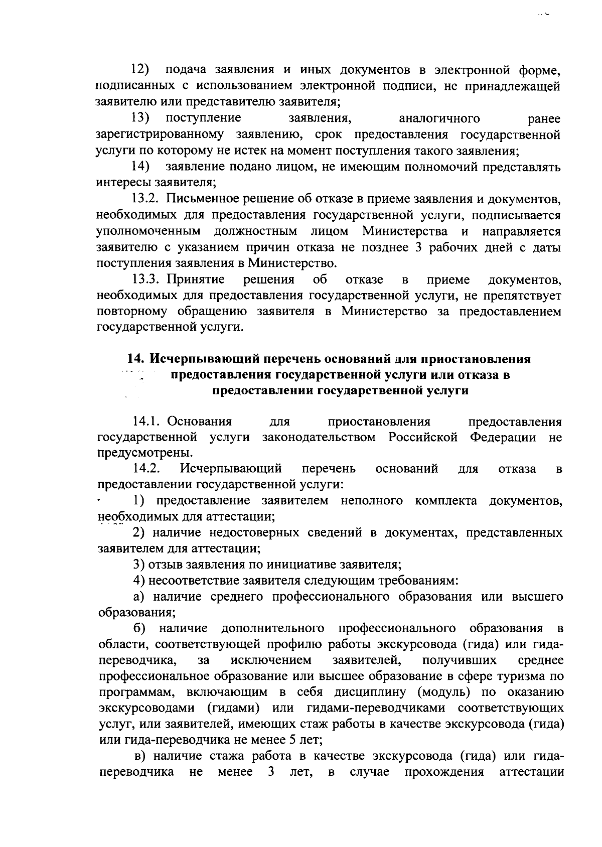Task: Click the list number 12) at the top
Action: tap(141, 69)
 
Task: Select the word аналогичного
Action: tap(439, 119)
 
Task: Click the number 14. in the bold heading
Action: tap(136, 359)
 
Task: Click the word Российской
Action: tap(423, 437)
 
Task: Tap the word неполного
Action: tap(372, 501)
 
